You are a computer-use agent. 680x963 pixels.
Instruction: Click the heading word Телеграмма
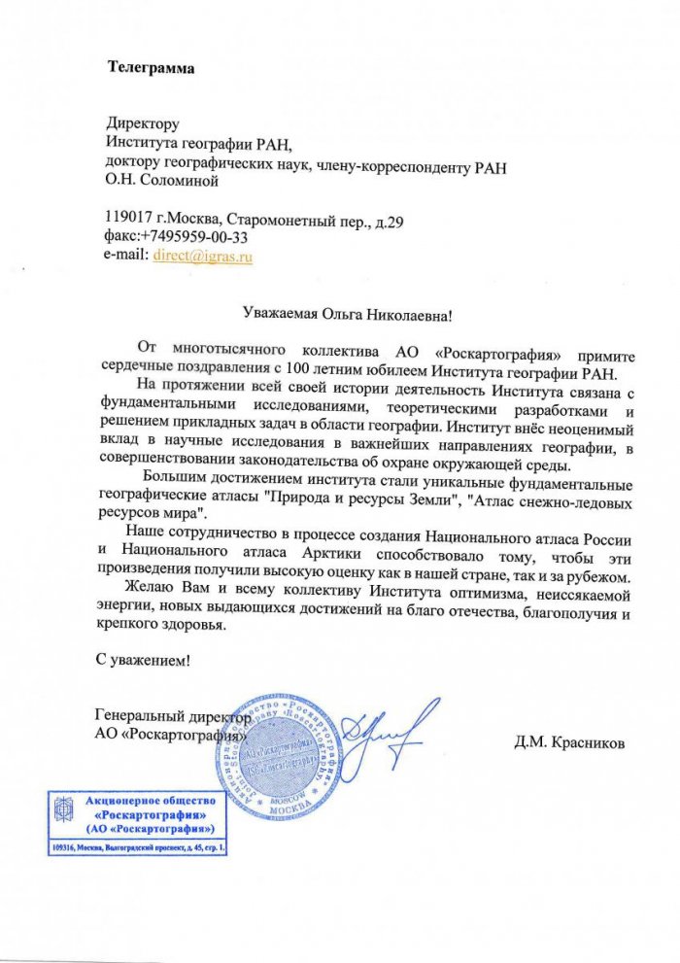[x=151, y=68]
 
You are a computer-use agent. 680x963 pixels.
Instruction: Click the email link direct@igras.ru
[x=203, y=257]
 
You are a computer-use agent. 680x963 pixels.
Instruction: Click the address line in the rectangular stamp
[x=139, y=848]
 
